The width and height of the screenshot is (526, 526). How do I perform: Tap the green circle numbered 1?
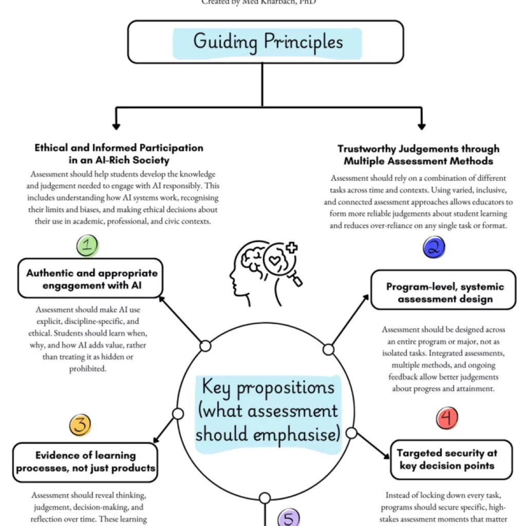click(x=88, y=246)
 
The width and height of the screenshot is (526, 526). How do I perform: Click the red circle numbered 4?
click(x=447, y=419)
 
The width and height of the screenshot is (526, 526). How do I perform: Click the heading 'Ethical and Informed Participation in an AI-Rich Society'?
click(x=119, y=154)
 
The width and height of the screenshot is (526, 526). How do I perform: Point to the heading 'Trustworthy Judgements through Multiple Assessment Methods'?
click(x=418, y=155)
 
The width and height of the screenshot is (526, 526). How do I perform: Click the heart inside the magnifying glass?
click(x=277, y=261)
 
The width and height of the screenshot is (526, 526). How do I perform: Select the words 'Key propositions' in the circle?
click(x=267, y=388)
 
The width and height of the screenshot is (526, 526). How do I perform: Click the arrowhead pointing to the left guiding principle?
click(x=116, y=125)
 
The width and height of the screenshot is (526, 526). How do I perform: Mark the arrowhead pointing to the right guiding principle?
click(x=422, y=125)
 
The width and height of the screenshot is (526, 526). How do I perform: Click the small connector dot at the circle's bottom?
click(x=265, y=498)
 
